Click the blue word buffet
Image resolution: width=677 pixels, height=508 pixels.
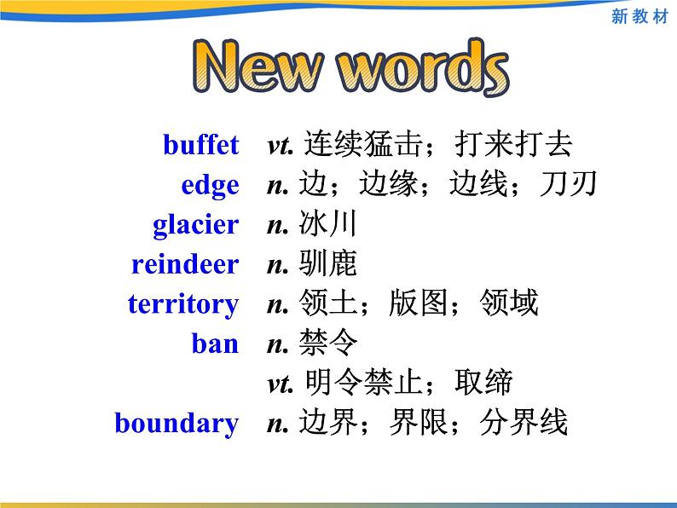[x=200, y=144]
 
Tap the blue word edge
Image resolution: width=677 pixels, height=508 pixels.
[x=211, y=187]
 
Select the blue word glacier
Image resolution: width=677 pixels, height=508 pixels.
[x=196, y=225]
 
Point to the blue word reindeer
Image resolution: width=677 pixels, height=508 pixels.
[x=185, y=263]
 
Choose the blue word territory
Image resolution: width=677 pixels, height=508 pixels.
[x=183, y=303]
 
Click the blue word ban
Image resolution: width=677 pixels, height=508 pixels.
[x=215, y=343]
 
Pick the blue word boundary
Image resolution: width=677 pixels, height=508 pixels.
[x=176, y=424]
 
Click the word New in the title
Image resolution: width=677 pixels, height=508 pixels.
[x=258, y=66]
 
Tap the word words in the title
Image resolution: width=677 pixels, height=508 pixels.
[x=423, y=66]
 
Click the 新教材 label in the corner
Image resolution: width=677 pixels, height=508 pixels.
[x=639, y=16]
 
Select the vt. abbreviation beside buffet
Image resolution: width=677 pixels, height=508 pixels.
[x=281, y=146]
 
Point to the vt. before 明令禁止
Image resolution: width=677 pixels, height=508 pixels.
[x=281, y=384]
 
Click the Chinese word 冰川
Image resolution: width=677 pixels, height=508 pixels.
[x=327, y=223]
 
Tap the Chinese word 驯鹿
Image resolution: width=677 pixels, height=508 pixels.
[x=327, y=263]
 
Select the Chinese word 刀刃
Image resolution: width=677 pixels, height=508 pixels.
[x=568, y=184]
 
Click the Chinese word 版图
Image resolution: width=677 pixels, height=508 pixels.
[x=418, y=303]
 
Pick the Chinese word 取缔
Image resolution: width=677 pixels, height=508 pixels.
[x=483, y=383]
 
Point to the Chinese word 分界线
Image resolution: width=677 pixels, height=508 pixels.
[x=524, y=422]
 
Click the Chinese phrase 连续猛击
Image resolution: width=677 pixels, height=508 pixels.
[x=363, y=144]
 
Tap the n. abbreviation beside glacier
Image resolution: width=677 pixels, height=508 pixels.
[x=278, y=226]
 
